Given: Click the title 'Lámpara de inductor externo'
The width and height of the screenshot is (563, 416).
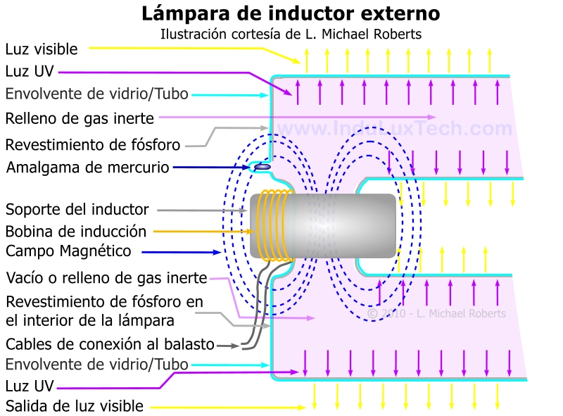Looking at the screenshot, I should [291, 13].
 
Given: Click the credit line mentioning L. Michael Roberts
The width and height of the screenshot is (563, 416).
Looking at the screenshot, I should [291, 34].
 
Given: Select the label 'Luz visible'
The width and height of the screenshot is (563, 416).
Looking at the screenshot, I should [42, 49].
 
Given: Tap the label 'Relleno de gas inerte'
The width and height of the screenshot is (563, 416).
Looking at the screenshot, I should [80, 118].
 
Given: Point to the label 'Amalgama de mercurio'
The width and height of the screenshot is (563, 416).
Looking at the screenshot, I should [88, 168].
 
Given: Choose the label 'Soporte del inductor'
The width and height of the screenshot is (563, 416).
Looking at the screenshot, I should [77, 209].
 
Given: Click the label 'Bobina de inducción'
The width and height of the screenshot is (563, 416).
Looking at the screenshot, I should [76, 231].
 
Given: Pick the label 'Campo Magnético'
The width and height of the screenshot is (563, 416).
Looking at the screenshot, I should [68, 251].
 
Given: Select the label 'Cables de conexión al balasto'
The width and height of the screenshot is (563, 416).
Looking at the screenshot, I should [110, 344].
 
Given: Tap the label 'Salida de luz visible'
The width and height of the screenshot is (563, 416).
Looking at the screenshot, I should [75, 406].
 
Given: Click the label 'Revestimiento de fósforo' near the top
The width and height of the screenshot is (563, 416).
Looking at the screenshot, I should [93, 145].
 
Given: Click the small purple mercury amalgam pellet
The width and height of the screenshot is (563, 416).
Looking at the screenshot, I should [261, 167].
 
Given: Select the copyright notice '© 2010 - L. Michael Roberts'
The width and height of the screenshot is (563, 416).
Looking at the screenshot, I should [436, 313].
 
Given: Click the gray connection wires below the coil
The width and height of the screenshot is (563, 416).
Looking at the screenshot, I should [255, 310].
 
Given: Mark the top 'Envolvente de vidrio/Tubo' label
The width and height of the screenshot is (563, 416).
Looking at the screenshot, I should [96, 94].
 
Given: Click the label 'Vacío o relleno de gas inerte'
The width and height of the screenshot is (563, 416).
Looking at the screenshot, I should [107, 277].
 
